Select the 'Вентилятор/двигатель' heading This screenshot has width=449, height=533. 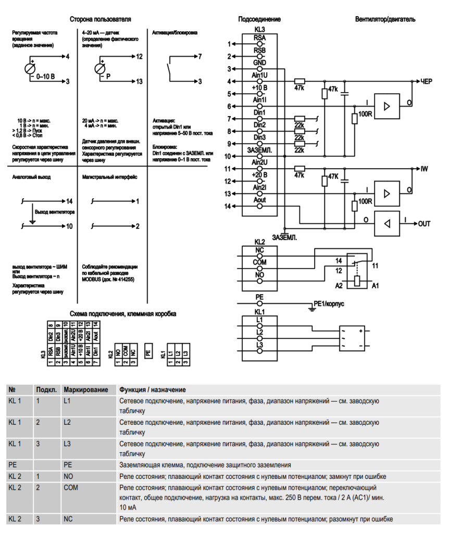coord(385,19)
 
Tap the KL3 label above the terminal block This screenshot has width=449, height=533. coord(259,30)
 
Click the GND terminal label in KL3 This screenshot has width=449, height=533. coord(259,62)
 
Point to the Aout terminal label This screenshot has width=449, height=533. coord(259,200)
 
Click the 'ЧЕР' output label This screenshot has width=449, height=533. coord(427,82)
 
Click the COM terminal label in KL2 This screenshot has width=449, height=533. coord(259,262)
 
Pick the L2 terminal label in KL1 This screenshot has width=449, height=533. coord(259,331)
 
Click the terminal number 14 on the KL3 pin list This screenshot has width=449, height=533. coord(227,207)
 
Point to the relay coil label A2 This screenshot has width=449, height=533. coord(338,286)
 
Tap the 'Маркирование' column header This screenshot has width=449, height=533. coord(85,390)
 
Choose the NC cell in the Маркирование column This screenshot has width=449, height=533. coord(68,519)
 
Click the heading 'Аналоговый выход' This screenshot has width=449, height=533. coord(31,177)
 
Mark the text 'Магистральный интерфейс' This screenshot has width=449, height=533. coord(110,177)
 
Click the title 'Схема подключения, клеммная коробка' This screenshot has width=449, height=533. coord(123,314)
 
